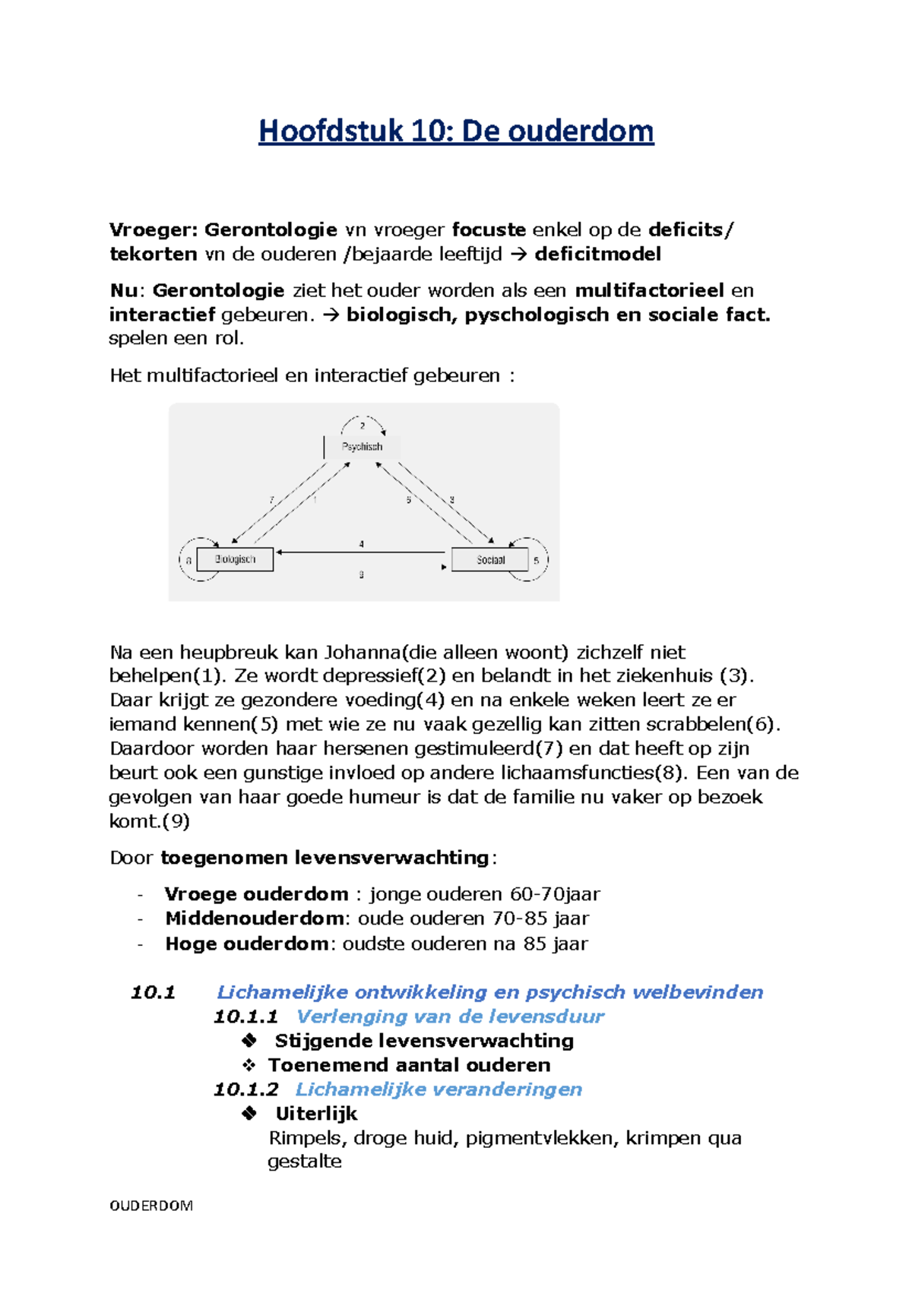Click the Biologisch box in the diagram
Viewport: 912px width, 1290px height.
[x=235, y=559]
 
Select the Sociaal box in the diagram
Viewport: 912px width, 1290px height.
[x=490, y=560]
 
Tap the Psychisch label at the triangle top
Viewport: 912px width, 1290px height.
[x=362, y=447]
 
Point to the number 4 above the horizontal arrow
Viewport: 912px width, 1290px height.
[x=361, y=544]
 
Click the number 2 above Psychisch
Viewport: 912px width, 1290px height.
[x=363, y=426]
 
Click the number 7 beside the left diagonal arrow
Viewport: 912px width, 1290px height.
[x=271, y=500]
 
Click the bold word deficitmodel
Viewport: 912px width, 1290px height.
[x=597, y=254]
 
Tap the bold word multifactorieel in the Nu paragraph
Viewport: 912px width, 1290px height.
[x=649, y=290]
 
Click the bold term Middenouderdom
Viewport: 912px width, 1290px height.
[x=255, y=918]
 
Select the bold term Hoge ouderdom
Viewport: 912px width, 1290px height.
[x=246, y=944]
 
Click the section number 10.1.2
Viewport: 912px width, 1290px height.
[x=245, y=1089]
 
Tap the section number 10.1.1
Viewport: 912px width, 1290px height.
[x=245, y=1017]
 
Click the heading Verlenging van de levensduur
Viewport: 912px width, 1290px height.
[x=450, y=1017]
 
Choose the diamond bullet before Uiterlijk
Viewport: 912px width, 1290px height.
[x=249, y=1114]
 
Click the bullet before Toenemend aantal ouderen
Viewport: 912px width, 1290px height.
[x=249, y=1065]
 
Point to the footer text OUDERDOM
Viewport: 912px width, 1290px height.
[x=151, y=1206]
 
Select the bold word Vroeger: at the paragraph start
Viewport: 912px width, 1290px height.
[x=154, y=229]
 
